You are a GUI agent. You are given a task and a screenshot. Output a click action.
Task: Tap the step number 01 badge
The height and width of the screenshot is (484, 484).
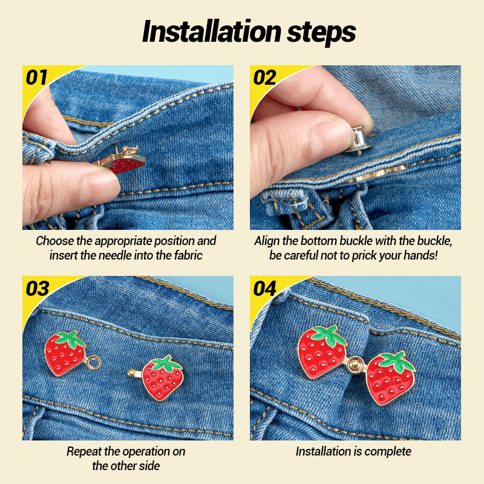pyautogui.click(x=37, y=77)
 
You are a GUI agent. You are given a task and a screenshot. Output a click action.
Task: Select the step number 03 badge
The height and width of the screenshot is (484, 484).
pyautogui.click(x=37, y=289)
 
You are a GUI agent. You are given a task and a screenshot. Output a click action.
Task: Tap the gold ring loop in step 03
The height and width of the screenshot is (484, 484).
pyautogui.click(x=94, y=363)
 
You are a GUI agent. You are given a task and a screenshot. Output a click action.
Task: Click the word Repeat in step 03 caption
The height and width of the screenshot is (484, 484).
pyautogui.click(x=84, y=452)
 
